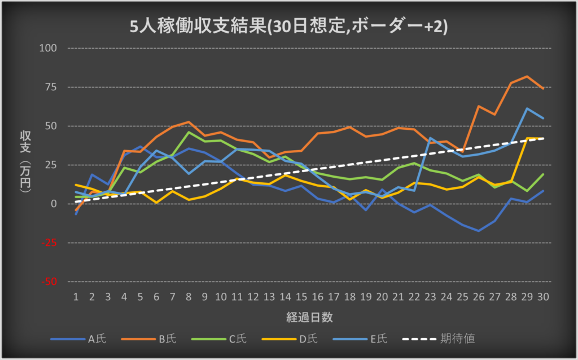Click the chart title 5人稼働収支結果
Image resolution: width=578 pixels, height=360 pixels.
(288, 27)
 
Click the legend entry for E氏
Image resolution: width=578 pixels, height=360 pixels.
(380, 339)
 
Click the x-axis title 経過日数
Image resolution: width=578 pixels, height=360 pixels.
(309, 317)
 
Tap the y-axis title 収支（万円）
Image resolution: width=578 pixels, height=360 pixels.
(25, 163)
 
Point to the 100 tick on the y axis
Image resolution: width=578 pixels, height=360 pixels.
(50, 48)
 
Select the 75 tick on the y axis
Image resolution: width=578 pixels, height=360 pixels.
(52, 87)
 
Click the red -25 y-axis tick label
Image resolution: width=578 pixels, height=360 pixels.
(50, 243)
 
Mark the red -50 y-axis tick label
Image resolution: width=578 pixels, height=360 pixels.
(50, 282)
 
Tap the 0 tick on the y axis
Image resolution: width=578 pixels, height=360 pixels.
(55, 204)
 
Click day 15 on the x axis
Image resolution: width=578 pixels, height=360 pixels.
(301, 296)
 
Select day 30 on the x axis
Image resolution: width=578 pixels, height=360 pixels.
(543, 296)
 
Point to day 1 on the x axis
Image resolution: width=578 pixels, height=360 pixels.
(76, 296)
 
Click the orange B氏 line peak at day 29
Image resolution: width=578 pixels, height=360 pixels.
(527, 76)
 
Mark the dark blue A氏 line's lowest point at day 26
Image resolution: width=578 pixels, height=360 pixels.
(479, 231)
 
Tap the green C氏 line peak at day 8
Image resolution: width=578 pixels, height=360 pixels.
(189, 132)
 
